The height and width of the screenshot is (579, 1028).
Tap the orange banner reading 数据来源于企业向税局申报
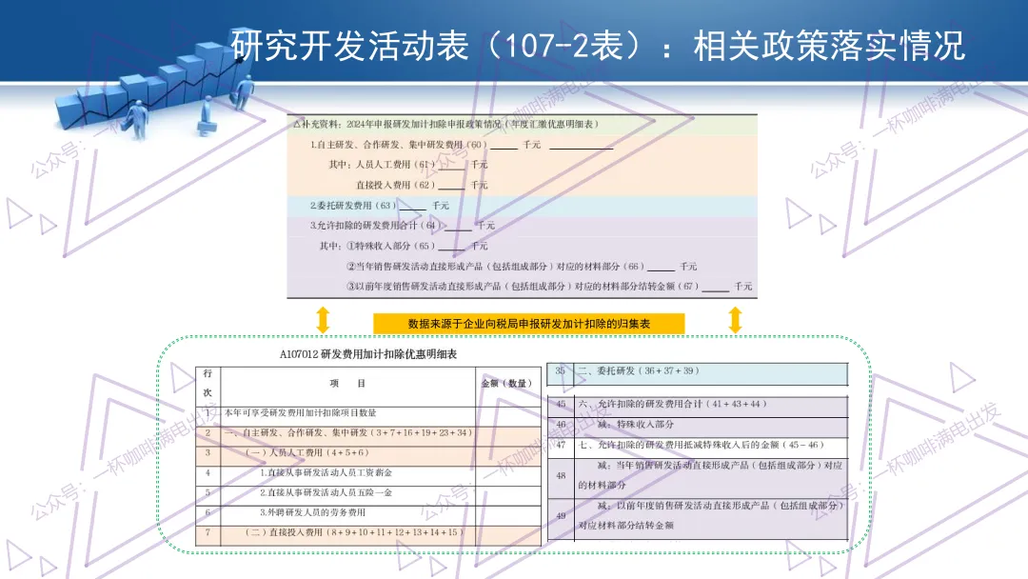click(528, 324)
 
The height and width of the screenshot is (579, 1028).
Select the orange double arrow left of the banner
click(323, 320)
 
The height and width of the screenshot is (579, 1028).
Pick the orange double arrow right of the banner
click(735, 320)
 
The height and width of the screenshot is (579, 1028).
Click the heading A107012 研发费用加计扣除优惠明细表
click(368, 354)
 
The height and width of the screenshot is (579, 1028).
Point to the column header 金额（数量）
click(508, 383)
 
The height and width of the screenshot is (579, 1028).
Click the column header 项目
click(347, 383)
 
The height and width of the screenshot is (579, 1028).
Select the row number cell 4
click(208, 472)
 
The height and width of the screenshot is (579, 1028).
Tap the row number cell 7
click(208, 532)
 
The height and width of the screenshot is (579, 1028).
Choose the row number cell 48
click(561, 474)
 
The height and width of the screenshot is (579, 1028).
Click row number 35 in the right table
click(561, 370)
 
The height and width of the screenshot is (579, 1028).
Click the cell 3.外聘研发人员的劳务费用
click(312, 512)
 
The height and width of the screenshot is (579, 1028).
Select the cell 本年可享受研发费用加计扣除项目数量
click(301, 413)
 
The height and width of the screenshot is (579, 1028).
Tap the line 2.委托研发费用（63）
click(353, 205)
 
